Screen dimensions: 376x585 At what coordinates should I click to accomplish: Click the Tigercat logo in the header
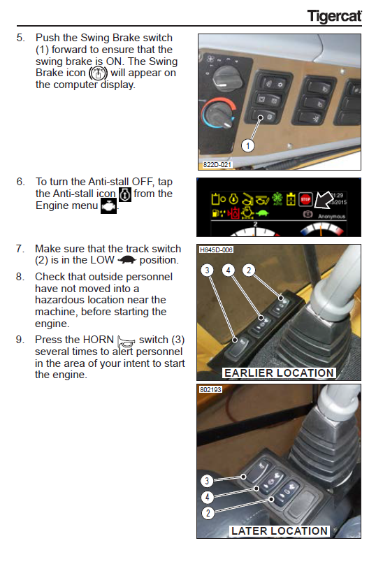click(334, 15)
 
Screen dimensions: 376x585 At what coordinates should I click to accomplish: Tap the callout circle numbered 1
click(247, 145)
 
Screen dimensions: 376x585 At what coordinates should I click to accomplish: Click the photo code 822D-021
click(217, 164)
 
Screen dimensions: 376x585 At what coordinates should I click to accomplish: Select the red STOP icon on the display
click(305, 200)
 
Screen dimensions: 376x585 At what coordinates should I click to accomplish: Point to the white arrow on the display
click(323, 201)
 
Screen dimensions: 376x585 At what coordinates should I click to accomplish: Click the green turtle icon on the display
click(262, 213)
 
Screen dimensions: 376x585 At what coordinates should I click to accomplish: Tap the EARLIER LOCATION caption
click(279, 373)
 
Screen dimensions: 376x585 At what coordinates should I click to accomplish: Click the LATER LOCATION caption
click(280, 530)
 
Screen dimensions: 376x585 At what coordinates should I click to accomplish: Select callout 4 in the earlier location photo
click(228, 270)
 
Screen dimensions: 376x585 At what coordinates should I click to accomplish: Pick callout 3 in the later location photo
click(208, 481)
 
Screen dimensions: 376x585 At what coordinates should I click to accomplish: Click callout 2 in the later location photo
click(208, 513)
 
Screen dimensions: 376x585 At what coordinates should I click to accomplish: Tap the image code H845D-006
click(216, 250)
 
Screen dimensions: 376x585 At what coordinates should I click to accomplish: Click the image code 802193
click(210, 389)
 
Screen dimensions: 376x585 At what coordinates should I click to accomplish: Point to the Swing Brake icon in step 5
click(98, 73)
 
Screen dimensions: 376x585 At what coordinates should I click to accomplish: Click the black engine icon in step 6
click(108, 206)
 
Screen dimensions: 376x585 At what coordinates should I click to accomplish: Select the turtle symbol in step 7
click(126, 260)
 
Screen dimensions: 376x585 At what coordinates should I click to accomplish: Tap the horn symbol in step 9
click(126, 341)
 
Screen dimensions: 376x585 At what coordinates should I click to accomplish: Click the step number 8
click(20, 277)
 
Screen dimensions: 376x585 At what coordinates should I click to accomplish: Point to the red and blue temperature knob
click(219, 113)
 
